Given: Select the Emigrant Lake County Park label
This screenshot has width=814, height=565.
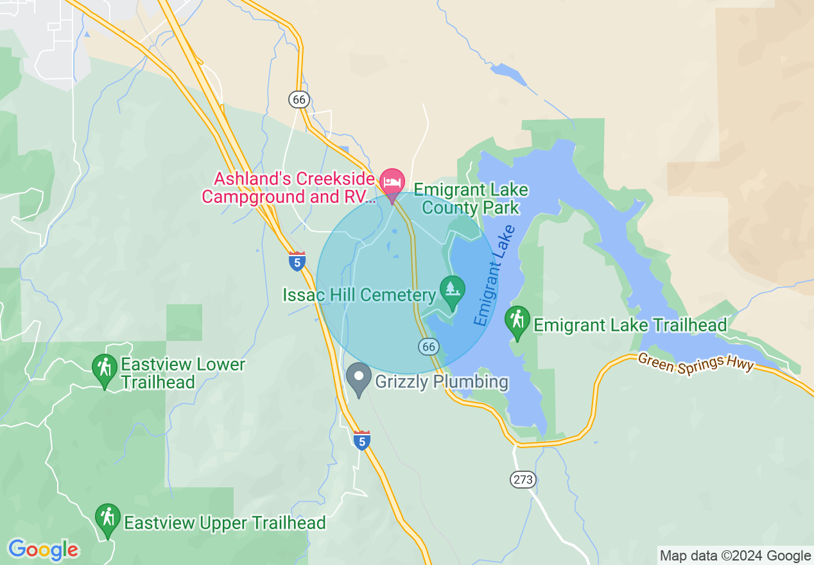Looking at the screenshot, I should click(471, 199).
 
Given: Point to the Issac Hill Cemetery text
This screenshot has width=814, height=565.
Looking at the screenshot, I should click(359, 295).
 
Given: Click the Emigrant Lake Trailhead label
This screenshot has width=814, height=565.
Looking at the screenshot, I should click(630, 325).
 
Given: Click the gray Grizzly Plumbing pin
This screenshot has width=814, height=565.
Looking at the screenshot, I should click(358, 378).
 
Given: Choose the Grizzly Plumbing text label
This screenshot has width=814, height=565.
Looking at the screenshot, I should click(441, 382).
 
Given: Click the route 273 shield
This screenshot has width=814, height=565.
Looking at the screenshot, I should click(523, 480).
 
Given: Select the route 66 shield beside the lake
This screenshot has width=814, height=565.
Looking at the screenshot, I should click(429, 347).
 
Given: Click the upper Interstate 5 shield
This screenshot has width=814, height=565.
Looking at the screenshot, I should click(297, 261).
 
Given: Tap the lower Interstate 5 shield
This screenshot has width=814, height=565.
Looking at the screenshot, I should click(362, 441).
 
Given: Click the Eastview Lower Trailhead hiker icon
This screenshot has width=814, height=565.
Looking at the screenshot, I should click(104, 369).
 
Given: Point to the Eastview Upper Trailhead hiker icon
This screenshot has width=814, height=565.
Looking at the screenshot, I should click(107, 518).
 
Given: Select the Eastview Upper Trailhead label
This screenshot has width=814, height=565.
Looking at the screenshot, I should click(225, 523).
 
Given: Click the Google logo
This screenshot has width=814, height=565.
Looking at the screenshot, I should click(44, 550).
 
